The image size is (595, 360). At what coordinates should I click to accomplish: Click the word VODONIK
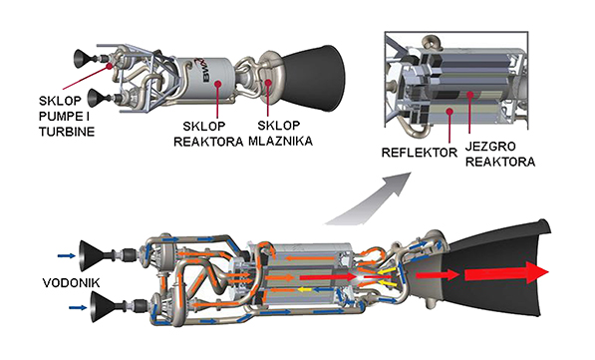coord(71,283)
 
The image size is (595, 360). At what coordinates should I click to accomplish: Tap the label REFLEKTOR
coord(420,153)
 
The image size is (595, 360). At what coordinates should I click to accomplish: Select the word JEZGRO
coord(490,147)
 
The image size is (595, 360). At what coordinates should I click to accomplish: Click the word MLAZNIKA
coord(280,141)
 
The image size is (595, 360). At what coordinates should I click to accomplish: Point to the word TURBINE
coord(67,132)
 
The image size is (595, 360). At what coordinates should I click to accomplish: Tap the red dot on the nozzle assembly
coord(268,83)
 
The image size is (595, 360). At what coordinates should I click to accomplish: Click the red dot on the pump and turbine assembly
coord(110,66)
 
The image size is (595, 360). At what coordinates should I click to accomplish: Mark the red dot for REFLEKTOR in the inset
coord(449,111)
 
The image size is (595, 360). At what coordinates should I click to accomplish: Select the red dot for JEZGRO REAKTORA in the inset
coord(469,94)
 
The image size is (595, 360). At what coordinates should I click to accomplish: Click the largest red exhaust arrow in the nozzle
coord(507,273)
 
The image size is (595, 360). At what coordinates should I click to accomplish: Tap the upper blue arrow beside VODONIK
coord(67,256)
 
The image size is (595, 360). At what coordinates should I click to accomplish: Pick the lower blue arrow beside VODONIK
coord(78,307)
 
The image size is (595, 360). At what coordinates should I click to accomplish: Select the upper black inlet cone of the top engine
coord(82,59)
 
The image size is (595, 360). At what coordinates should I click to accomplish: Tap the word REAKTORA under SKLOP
coord(208,142)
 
